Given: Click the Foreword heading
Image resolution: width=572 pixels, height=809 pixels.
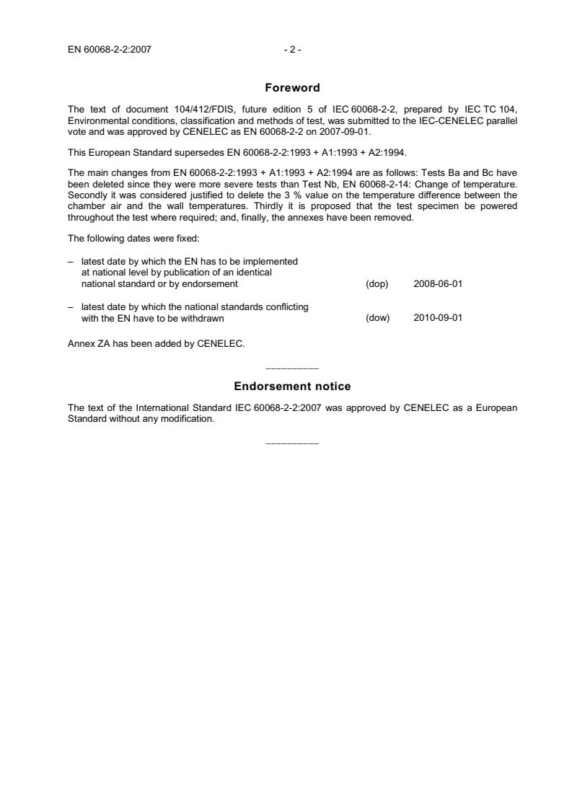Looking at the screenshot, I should [x=292, y=88].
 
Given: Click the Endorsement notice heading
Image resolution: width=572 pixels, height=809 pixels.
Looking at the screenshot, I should [x=292, y=386].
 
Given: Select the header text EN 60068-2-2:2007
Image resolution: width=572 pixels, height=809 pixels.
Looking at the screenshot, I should [x=109, y=50].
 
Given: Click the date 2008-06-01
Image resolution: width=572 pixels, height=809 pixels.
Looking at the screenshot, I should [x=438, y=284].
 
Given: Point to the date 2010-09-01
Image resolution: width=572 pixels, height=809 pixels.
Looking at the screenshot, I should [x=438, y=318].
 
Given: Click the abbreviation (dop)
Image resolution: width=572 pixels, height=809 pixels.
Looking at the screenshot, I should [x=377, y=284].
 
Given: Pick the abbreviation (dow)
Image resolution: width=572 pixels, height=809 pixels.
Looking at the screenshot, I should [x=378, y=318].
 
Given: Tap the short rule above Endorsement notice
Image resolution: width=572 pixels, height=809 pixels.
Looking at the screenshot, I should [x=292, y=368].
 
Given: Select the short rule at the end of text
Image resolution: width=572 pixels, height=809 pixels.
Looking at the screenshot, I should [x=292, y=442].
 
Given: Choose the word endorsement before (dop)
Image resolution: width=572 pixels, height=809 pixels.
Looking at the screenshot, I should [x=212, y=284].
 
